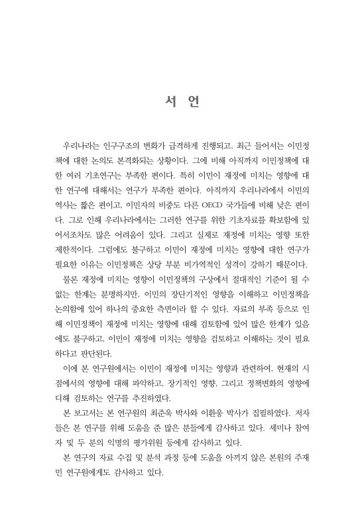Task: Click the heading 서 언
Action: coord(180,104)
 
